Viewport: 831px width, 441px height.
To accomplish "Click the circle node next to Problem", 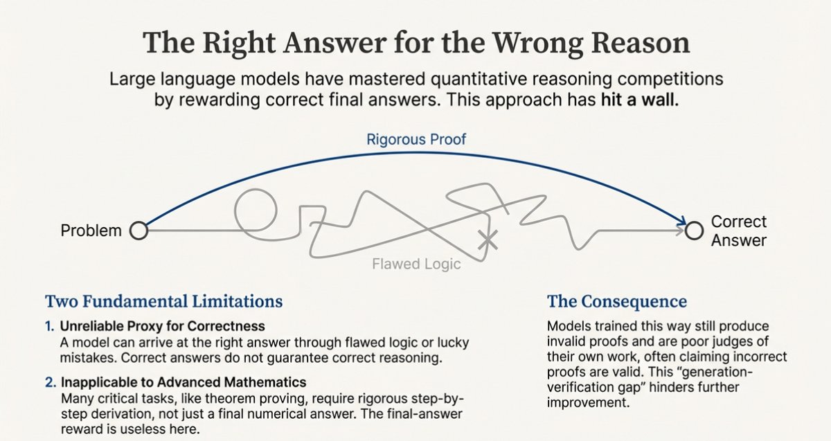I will pos(138,231).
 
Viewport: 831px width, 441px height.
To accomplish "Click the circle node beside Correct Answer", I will pos(693,231).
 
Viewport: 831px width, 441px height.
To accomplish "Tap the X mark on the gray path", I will pos(489,240).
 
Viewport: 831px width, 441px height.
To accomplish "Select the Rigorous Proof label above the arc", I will pos(417,139).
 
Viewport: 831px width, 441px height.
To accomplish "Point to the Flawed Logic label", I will pos(416,264).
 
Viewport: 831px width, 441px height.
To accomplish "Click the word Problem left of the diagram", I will pos(91,231).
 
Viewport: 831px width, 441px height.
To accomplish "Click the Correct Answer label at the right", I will pos(739,231).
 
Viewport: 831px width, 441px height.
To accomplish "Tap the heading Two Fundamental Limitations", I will pos(163,302).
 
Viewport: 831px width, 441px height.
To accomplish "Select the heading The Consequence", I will pos(616,302).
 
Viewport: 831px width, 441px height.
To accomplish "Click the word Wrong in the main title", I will pos(528,43).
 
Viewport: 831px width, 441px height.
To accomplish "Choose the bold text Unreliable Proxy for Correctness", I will pos(163,325).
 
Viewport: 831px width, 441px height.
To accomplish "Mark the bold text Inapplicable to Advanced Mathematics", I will pos(184,382).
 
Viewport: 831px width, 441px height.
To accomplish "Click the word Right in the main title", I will pos(233,43).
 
